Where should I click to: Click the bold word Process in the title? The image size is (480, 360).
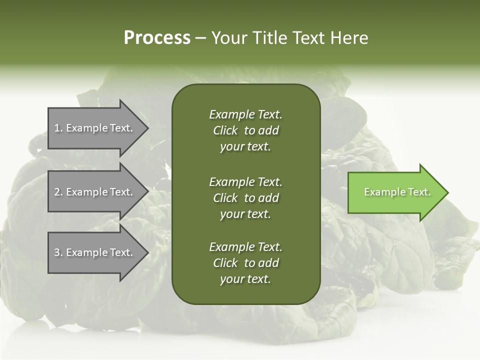click(x=157, y=37)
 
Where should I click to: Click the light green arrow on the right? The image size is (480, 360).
click(x=395, y=192)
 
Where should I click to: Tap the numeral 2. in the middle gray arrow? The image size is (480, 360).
click(x=58, y=192)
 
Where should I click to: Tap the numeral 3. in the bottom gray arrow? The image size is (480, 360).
click(x=58, y=252)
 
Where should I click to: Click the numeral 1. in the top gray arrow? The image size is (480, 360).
click(x=58, y=128)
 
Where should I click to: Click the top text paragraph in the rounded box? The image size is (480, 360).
click(x=245, y=130)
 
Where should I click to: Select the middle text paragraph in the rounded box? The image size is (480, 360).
click(x=245, y=197)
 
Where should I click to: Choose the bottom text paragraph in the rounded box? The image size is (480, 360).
click(x=245, y=263)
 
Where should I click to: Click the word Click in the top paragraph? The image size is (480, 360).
click(x=225, y=130)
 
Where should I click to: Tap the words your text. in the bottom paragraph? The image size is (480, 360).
click(x=245, y=279)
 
